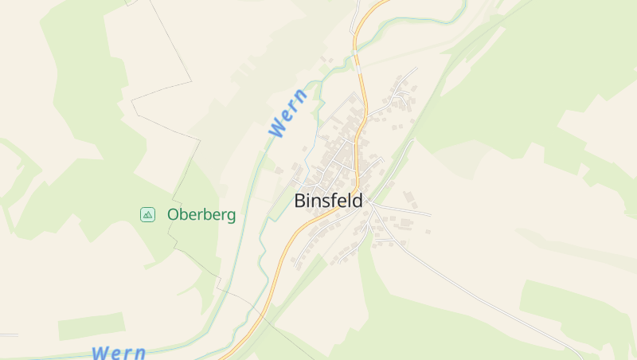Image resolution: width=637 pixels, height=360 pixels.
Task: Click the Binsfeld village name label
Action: tap(328, 201)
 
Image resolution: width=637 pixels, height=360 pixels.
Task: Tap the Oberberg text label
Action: tap(201, 214)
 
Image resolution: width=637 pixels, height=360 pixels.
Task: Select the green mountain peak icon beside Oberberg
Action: tap(147, 213)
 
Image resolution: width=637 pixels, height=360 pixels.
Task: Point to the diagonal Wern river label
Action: tap(287, 112)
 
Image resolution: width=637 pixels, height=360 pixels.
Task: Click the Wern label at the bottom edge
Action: tap(119, 352)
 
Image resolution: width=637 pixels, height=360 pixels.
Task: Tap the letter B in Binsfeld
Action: tap(300, 201)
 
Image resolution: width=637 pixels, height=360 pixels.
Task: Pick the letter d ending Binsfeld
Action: tap(358, 201)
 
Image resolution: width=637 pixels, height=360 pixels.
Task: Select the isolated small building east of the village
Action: tap(428, 232)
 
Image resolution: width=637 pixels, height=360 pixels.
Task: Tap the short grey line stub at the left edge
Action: tap(8, 335)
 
